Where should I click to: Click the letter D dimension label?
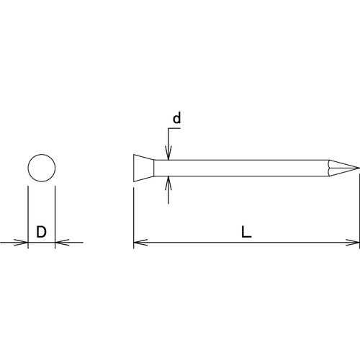(x=41, y=232)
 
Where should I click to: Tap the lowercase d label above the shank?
(x=175, y=117)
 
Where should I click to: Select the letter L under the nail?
(x=247, y=232)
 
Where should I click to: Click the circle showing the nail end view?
(x=41, y=168)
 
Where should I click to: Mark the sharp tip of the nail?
(x=357, y=168)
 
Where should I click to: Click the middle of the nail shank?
(x=245, y=168)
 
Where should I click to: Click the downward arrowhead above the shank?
(x=168, y=155)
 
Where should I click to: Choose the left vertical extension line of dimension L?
(x=134, y=216)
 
